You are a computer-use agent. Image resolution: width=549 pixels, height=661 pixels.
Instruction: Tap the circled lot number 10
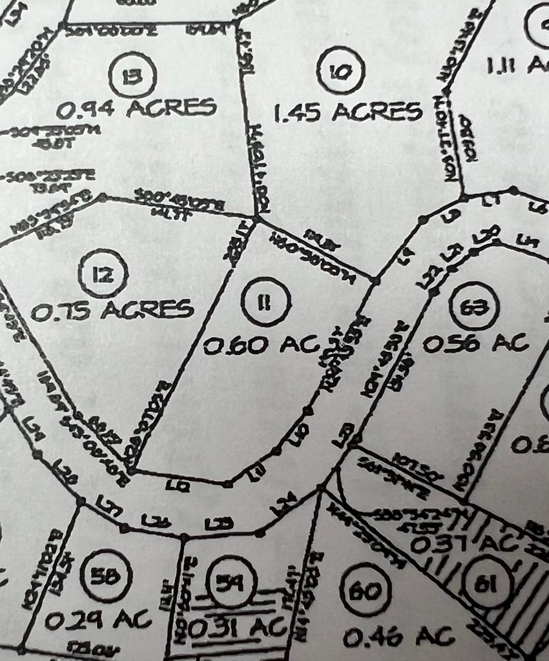340,70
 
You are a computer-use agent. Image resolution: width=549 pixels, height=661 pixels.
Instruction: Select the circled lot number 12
103,275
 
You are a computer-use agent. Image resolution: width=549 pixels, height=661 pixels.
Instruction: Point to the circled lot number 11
265,302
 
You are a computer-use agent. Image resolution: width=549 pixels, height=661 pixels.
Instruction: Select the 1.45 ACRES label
348,112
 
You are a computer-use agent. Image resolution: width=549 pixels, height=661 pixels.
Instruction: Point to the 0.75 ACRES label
112,310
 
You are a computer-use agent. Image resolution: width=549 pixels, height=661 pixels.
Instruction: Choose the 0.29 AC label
98,620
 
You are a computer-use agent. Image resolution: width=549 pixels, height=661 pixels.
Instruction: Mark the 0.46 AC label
399,636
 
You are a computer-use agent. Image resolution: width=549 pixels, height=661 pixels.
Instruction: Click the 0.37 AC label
464,544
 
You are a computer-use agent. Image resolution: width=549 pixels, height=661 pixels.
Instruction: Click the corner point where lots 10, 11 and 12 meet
256,219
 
